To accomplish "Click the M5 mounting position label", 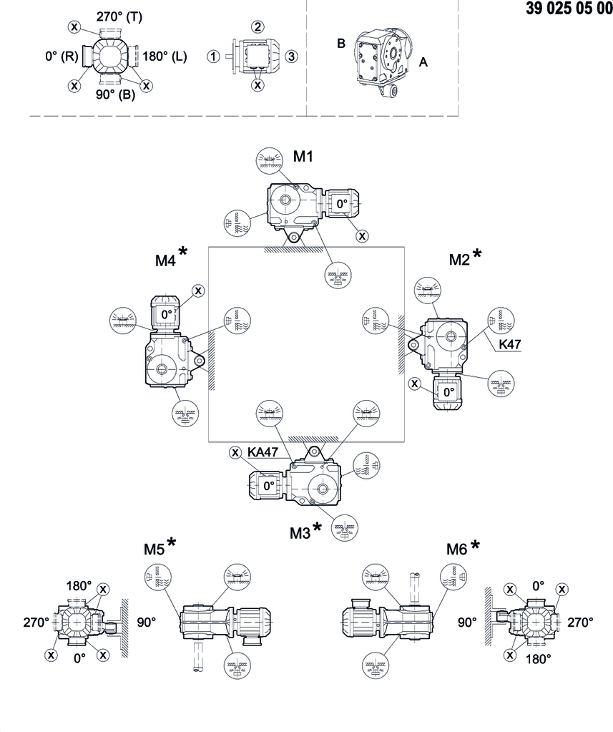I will coord(155,549).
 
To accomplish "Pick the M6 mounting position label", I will coord(456,549).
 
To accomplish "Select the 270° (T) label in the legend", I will coord(119,16).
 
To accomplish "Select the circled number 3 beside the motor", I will coord(290,56).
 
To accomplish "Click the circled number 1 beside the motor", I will coord(213,57).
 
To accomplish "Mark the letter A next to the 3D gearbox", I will coord(423,62).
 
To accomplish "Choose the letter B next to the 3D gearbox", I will coord(342,44).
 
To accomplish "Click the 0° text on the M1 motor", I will coord(342,203).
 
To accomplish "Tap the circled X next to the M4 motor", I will coord(198,290).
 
